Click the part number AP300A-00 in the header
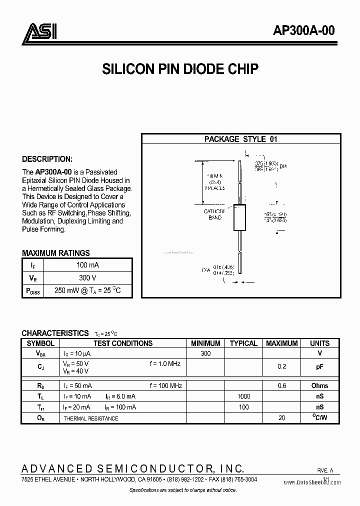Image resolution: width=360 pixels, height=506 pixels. pyautogui.click(x=303, y=30)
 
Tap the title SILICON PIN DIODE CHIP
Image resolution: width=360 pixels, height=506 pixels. pyautogui.click(x=180, y=69)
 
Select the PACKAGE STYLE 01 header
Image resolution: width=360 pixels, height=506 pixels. pyautogui.click(x=240, y=139)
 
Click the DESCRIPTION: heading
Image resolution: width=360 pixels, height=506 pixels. pyautogui.click(x=47, y=159)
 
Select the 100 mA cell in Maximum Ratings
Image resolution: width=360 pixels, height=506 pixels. pyautogui.click(x=87, y=265)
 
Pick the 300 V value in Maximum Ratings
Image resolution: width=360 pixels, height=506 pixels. pyautogui.click(x=87, y=278)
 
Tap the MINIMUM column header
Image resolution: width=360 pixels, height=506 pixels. pyautogui.click(x=205, y=343)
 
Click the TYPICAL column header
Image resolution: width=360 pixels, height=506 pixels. pyautogui.click(x=243, y=343)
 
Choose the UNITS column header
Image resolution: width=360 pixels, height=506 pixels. pyautogui.click(x=319, y=343)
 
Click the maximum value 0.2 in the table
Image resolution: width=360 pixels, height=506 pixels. pyautogui.click(x=281, y=367)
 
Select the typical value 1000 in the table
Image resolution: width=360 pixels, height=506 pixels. pyautogui.click(x=243, y=396)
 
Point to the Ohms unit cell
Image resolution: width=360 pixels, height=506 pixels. pyautogui.click(x=319, y=386)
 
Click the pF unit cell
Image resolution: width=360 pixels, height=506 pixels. pyautogui.click(x=319, y=367)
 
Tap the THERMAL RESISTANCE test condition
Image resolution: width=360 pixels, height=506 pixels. pyautogui.click(x=90, y=418)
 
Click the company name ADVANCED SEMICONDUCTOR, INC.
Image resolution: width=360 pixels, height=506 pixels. pyautogui.click(x=133, y=468)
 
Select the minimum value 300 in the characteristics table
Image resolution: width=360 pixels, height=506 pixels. pyautogui.click(x=205, y=353)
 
